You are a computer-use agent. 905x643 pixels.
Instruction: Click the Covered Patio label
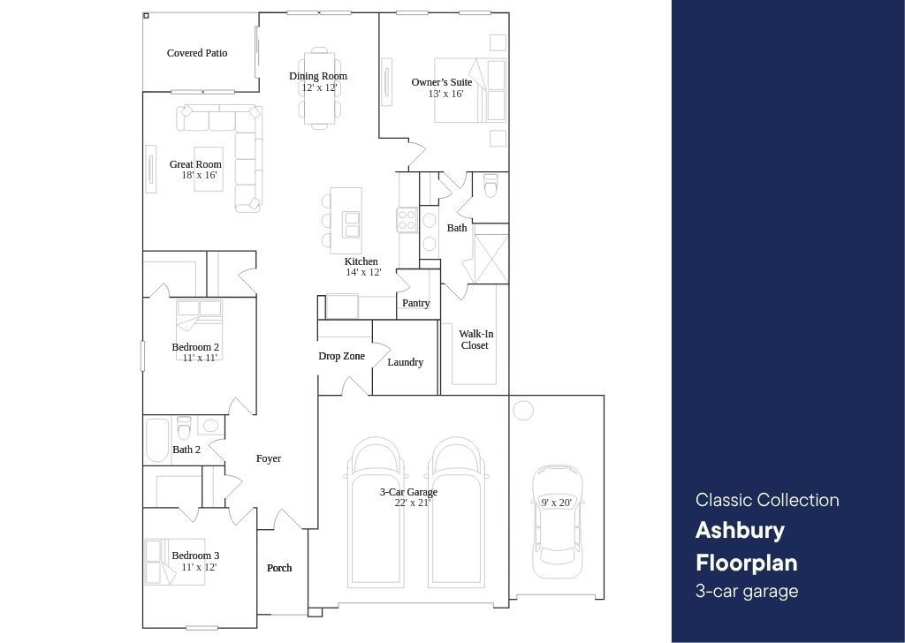pyautogui.click(x=197, y=53)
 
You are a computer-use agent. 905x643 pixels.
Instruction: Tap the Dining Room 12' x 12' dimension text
pyautogui.click(x=319, y=87)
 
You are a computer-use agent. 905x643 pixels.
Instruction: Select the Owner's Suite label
pyautogui.click(x=442, y=82)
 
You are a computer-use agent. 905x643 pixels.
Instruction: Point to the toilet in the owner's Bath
pyautogui.click(x=490, y=185)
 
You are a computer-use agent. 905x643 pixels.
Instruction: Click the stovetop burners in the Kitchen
pyautogui.click(x=407, y=219)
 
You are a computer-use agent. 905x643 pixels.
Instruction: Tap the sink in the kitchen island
pyautogui.click(x=351, y=224)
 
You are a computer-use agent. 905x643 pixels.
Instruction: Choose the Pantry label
pyautogui.click(x=416, y=303)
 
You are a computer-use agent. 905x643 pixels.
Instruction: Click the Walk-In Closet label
pyautogui.click(x=475, y=340)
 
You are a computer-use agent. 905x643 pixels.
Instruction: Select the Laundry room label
pyautogui.click(x=405, y=362)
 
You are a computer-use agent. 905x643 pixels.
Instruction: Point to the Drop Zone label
pyautogui.click(x=342, y=357)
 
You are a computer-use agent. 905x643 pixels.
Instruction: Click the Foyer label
pyautogui.click(x=269, y=458)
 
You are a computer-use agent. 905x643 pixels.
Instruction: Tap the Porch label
pyautogui.click(x=279, y=568)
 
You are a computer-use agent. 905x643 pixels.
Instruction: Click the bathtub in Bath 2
pyautogui.click(x=156, y=441)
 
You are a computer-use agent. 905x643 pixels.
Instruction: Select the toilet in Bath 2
pyautogui.click(x=184, y=428)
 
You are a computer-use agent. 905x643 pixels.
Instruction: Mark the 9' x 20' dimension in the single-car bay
pyautogui.click(x=557, y=503)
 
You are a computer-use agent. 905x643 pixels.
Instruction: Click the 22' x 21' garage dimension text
pyautogui.click(x=413, y=503)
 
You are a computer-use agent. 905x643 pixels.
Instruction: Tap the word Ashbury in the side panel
pyautogui.click(x=740, y=531)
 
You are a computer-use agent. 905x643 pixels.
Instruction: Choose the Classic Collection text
pyautogui.click(x=767, y=499)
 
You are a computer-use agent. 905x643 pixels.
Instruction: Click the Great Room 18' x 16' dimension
pyautogui.click(x=200, y=175)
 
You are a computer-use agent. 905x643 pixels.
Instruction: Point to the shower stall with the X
pyautogui.click(x=491, y=253)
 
